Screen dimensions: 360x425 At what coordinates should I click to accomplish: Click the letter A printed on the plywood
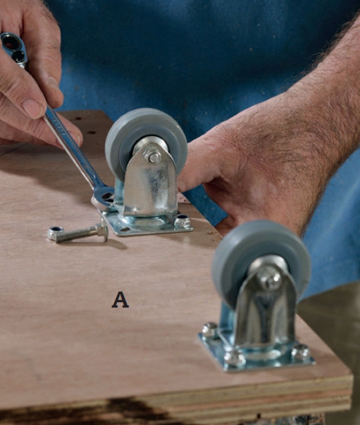point(120,300)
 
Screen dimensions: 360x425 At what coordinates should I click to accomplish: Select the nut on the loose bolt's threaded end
point(55,234)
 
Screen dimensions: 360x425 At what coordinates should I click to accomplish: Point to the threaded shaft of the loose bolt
point(77,234)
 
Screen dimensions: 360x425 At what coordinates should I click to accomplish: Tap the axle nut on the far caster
point(153,157)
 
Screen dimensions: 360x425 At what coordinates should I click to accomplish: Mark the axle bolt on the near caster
point(269,279)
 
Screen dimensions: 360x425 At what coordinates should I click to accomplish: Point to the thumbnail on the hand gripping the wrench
point(33,107)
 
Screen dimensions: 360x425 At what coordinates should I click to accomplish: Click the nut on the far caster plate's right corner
point(183,222)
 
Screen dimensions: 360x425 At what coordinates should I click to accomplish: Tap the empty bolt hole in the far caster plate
point(125,230)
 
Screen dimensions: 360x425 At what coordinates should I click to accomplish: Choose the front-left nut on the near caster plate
point(235,358)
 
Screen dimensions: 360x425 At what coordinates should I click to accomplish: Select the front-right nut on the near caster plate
point(301,352)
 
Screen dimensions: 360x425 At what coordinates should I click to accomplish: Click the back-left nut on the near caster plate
point(209,329)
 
